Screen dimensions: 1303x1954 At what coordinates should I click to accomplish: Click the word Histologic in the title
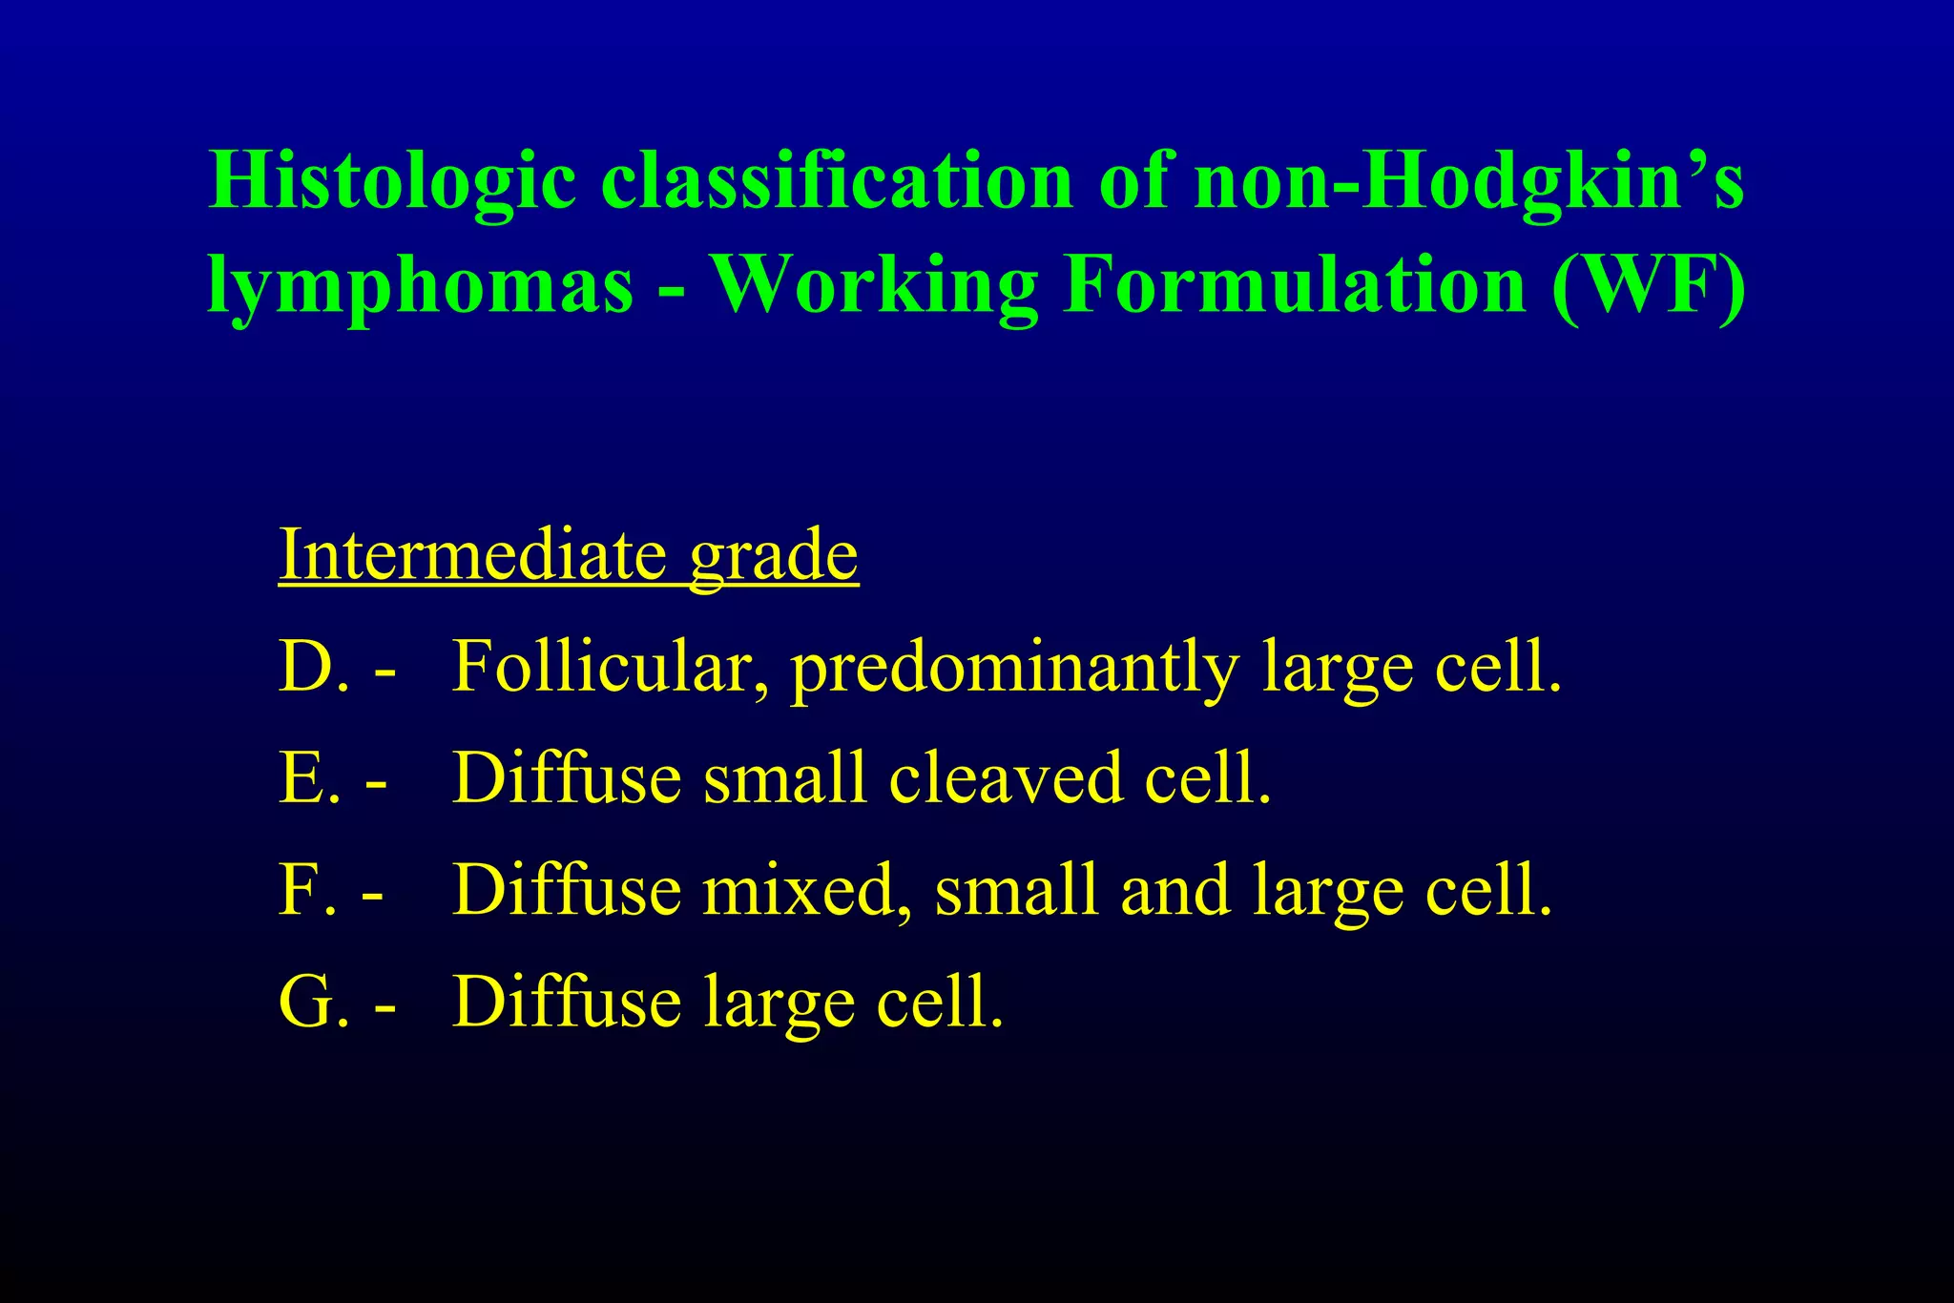pyautogui.click(x=392, y=181)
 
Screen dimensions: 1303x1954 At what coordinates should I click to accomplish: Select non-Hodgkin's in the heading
pyautogui.click(x=1468, y=181)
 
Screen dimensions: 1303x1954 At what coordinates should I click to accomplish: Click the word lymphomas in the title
pyautogui.click(x=421, y=285)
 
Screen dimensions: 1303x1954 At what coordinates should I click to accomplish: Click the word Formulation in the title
pyautogui.click(x=1294, y=285)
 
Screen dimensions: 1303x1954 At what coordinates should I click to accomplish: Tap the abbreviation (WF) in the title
pyautogui.click(x=1649, y=285)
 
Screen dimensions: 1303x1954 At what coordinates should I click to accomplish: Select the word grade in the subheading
pyautogui.click(x=774, y=557)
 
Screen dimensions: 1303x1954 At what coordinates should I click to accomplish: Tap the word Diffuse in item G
pyautogui.click(x=567, y=1003)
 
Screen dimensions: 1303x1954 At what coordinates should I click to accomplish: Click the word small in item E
pyautogui.click(x=784, y=778)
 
